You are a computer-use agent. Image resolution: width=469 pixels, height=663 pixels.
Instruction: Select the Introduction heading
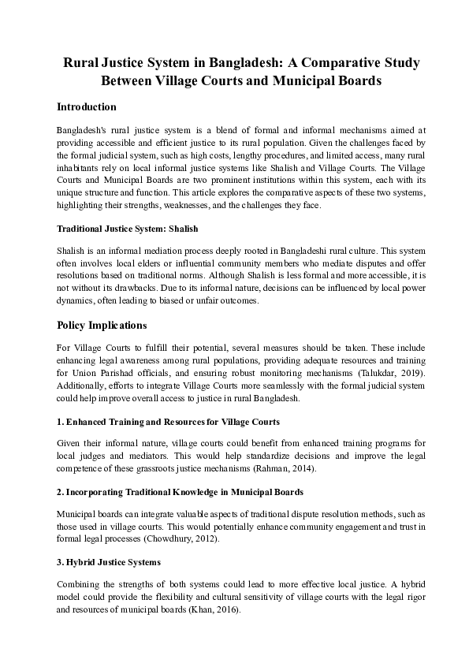[87, 107]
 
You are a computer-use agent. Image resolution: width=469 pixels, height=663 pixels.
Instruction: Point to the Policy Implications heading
[102, 325]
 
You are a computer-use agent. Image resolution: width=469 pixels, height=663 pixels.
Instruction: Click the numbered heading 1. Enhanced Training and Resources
[168, 422]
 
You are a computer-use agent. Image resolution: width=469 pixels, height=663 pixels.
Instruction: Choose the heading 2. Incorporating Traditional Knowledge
[181, 492]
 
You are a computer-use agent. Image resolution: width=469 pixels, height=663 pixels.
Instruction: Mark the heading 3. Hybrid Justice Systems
[109, 563]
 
